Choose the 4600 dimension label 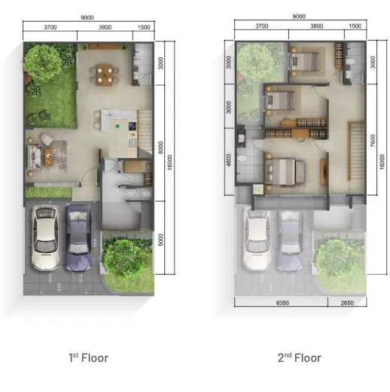[x=229, y=162]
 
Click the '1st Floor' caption [x=88, y=357]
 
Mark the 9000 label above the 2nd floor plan [x=298, y=16]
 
